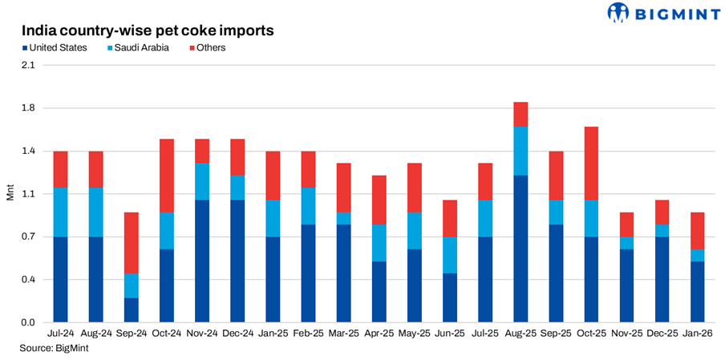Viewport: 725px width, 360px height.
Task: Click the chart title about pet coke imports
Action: click(148, 30)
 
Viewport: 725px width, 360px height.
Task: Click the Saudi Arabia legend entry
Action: click(138, 48)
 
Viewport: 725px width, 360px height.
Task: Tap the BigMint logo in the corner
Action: click(664, 13)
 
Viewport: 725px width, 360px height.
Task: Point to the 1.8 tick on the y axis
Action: click(28, 108)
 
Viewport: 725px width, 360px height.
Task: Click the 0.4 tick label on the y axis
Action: click(28, 280)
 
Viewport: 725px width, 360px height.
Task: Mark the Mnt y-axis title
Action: click(10, 194)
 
